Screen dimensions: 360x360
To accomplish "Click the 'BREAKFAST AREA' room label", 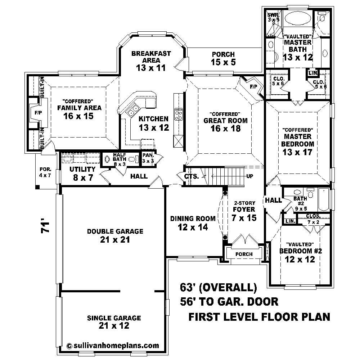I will pyautogui.click(x=151, y=57).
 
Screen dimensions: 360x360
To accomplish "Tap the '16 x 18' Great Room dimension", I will pyautogui.click(x=225, y=128).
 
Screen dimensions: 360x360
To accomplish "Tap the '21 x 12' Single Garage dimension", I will pyautogui.click(x=114, y=326).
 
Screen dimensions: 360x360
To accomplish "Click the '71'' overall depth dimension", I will pyautogui.click(x=45, y=228).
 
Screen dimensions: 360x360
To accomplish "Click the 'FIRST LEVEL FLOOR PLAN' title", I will pyautogui.click(x=259, y=317).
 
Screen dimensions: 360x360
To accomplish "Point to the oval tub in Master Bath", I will pyautogui.click(x=298, y=19).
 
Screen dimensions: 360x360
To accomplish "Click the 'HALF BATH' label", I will pyautogui.click(x=119, y=156).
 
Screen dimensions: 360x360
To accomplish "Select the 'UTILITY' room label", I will pyautogui.click(x=82, y=169).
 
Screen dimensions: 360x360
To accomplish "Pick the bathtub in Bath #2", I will pyautogui.click(x=324, y=200).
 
